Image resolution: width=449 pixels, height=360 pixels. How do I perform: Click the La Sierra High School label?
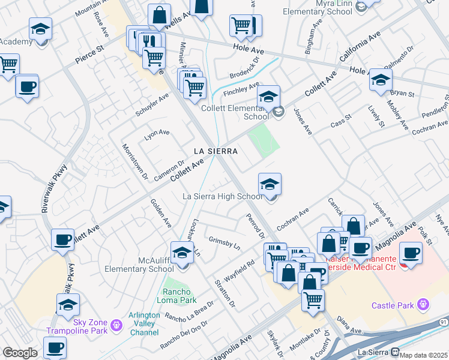(223, 196)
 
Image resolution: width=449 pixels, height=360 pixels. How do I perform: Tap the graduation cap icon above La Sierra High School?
(270, 184)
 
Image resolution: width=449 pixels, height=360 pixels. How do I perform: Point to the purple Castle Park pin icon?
(424, 305)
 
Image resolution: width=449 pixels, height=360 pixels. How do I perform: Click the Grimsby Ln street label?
(224, 242)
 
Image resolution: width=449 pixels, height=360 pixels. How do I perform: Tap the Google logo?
(20, 353)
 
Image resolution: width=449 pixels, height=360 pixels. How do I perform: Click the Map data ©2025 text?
(423, 355)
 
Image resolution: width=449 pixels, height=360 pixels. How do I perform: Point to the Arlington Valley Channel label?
(145, 323)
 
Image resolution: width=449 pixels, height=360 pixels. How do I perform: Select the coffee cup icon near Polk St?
(411, 253)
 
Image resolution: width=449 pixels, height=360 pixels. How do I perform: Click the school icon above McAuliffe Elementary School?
(182, 252)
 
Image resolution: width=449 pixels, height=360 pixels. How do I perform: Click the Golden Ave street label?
(160, 213)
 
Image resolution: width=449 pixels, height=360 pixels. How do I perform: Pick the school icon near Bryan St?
(381, 80)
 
